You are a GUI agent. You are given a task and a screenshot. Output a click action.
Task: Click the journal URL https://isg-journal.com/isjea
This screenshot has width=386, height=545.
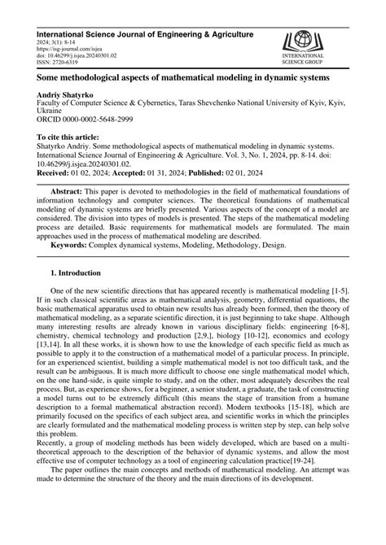[68, 47]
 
